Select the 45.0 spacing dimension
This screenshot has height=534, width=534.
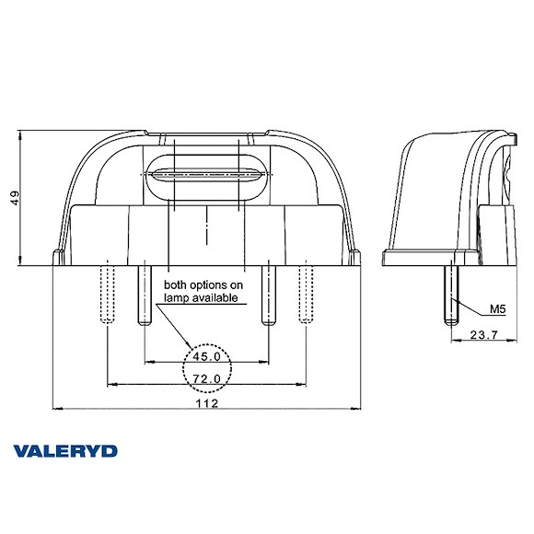205,356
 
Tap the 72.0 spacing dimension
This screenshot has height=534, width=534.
205,378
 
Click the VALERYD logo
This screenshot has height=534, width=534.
65,451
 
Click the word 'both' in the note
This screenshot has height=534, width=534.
176,285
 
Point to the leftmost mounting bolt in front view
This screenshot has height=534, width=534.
109,293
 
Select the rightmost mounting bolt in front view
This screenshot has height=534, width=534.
304,293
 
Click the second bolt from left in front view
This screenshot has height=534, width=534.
144,293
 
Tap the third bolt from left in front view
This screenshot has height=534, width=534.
268,293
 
